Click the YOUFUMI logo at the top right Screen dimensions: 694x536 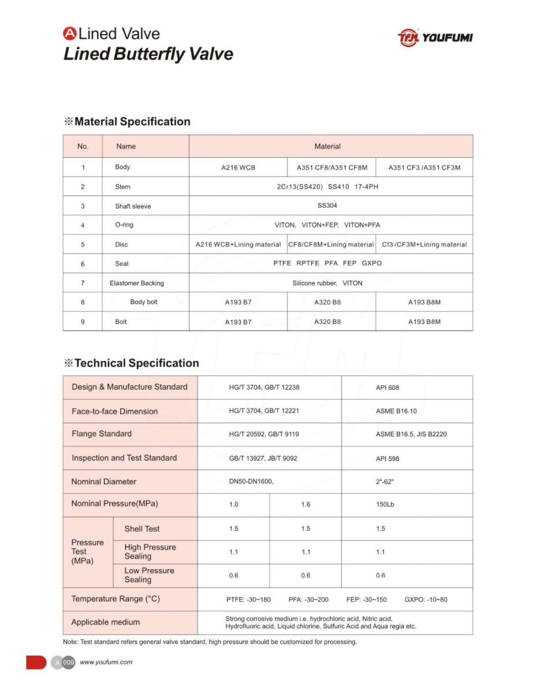click(x=435, y=38)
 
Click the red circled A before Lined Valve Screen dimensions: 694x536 click(x=69, y=34)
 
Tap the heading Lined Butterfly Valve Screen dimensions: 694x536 click(x=148, y=54)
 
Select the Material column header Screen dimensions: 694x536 click(x=327, y=146)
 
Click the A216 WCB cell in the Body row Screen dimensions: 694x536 click(x=238, y=168)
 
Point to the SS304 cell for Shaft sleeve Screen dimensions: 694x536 click(x=327, y=206)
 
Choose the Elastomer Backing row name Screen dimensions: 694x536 click(x=136, y=283)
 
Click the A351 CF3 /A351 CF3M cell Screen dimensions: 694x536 click(x=424, y=168)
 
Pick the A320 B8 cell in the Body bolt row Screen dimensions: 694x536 click(x=327, y=302)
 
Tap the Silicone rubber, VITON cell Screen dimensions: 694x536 click(x=327, y=283)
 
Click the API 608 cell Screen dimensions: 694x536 click(x=387, y=387)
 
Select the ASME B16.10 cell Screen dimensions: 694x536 click(x=396, y=411)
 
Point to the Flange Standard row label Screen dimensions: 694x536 click(x=102, y=434)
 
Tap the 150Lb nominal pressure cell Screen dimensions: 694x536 click(x=385, y=504)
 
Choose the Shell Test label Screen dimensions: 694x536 click(x=142, y=529)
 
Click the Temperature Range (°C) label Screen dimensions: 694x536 click(x=116, y=599)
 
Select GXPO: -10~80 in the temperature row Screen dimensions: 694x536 click(x=426, y=600)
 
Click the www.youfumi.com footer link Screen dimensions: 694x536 click(x=106, y=662)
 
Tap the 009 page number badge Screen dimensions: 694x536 click(x=69, y=663)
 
